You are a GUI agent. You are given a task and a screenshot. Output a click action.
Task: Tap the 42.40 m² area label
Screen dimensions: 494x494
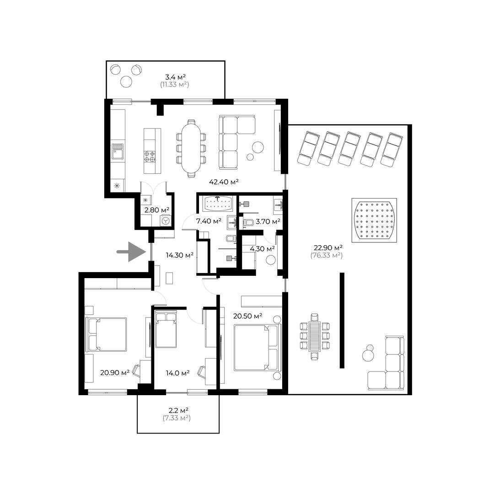click(224, 182)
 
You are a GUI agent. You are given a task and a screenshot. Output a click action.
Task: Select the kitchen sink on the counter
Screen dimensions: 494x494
click(118, 151)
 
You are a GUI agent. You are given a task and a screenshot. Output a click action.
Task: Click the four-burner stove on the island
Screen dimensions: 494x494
click(150, 156)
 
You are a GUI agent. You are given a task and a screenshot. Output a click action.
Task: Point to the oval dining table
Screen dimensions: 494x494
click(191, 148)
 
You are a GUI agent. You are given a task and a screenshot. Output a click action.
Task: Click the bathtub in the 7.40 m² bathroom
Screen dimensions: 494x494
click(217, 204)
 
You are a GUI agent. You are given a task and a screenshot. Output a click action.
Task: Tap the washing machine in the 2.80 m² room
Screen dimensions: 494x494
click(166, 220)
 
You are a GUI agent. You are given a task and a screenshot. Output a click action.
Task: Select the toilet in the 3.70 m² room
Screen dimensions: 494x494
click(248, 223)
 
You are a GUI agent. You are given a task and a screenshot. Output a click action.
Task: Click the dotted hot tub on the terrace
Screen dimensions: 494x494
click(374, 220)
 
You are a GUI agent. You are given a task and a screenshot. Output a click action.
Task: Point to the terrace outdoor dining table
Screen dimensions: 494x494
click(315, 336)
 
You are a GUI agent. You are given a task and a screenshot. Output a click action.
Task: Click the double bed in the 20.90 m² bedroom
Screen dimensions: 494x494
click(106, 334)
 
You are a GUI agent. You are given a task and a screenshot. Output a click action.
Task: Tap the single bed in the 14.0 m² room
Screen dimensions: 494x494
click(166, 330)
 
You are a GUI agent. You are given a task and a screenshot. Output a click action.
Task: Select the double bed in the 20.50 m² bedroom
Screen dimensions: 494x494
click(257, 348)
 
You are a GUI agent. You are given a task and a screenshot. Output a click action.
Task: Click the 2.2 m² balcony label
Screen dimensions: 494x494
click(178, 410)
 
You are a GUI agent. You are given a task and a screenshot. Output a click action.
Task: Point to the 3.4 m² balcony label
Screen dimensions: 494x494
click(175, 76)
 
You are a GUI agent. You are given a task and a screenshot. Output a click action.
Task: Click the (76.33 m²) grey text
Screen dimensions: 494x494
click(327, 255)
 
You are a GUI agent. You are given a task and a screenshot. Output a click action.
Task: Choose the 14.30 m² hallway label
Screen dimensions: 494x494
click(180, 255)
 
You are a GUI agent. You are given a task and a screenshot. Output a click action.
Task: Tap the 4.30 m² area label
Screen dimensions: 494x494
click(262, 248)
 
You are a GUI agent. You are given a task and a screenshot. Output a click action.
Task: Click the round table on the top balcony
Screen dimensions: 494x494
click(126, 82)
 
